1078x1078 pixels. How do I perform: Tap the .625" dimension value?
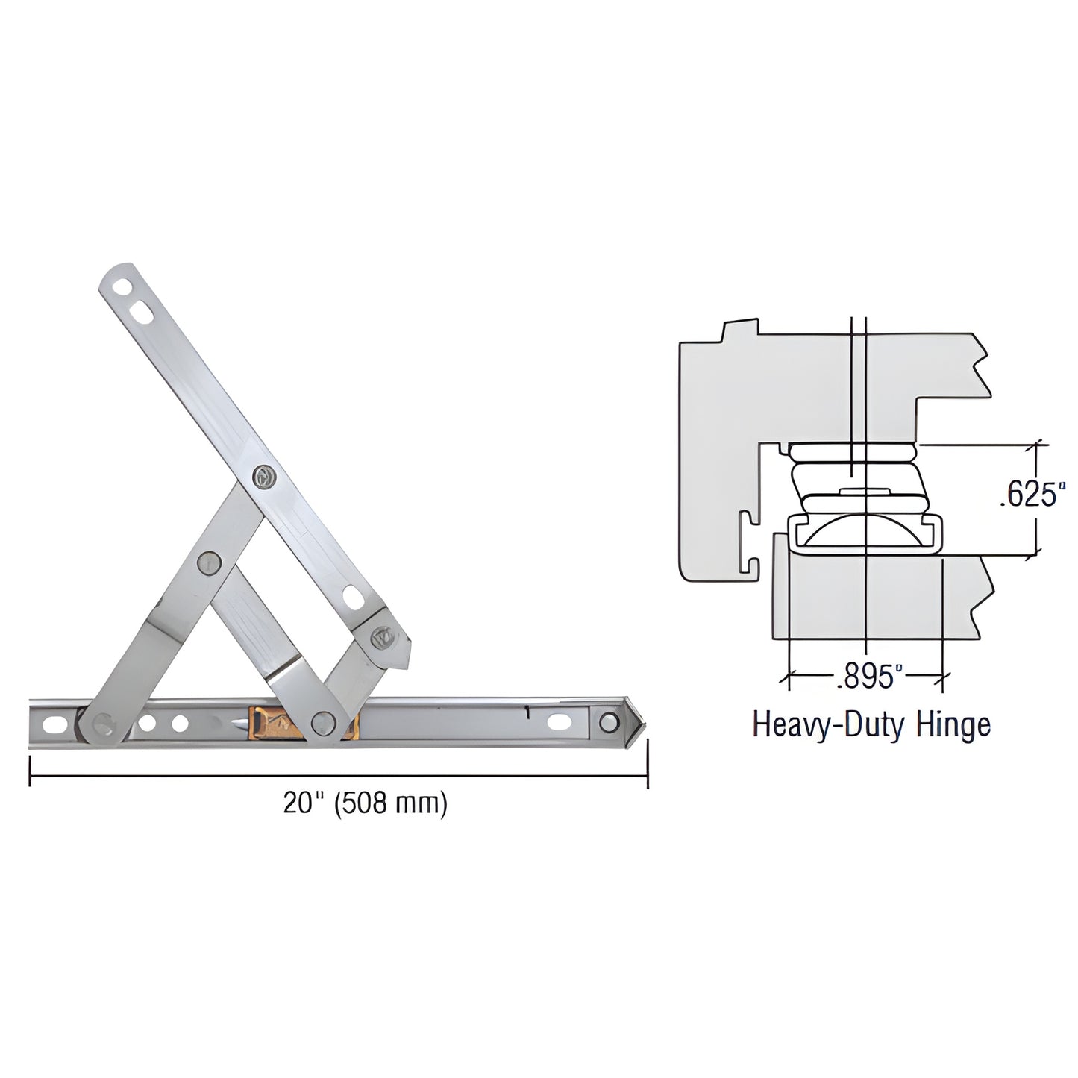coord(1029,495)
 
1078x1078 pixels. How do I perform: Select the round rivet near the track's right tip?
coord(609,722)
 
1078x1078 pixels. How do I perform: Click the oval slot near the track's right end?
coord(559,722)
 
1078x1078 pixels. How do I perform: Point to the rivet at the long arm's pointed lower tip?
coord(384,637)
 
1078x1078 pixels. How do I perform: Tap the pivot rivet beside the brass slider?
coord(323,721)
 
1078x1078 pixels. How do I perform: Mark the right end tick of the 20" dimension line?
coord(647,762)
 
